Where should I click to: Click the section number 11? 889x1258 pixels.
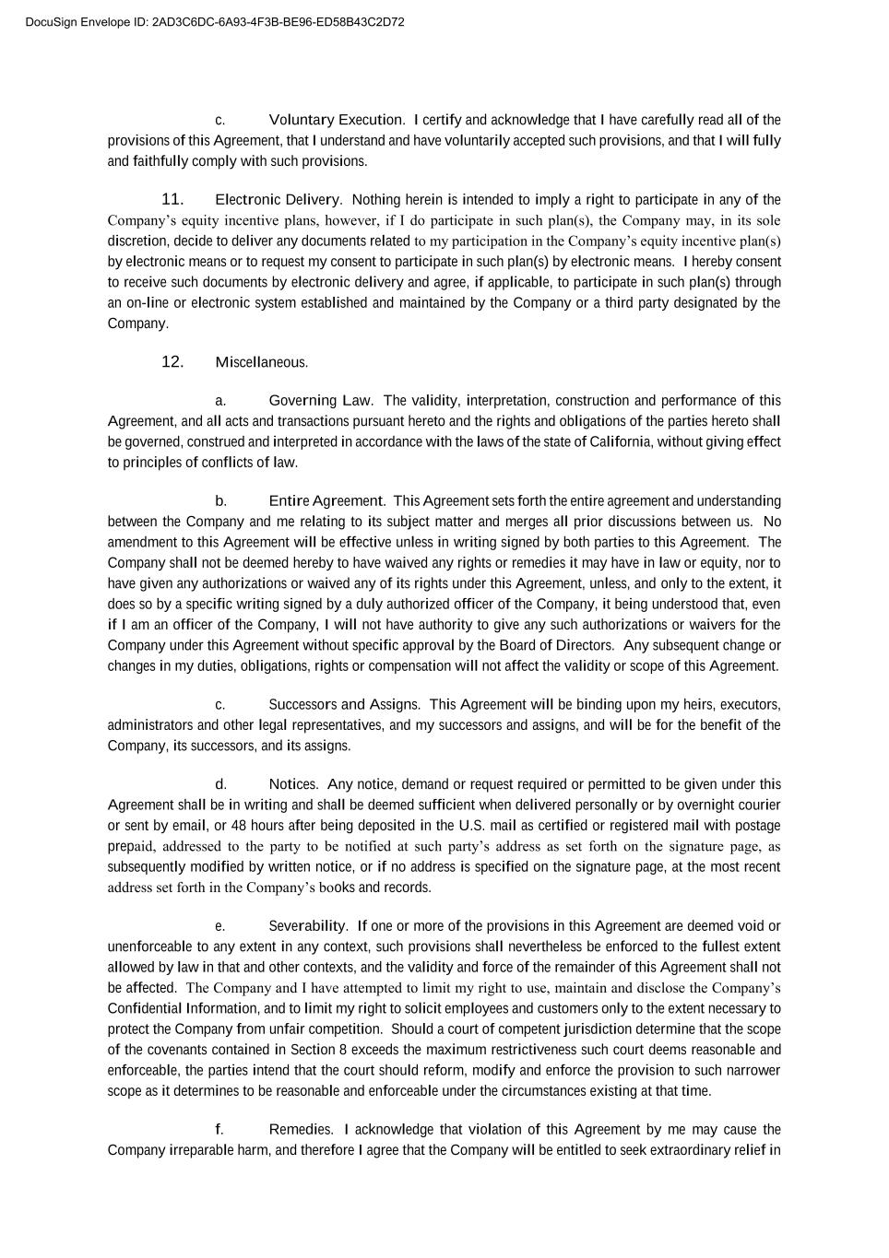pyautogui.click(x=172, y=199)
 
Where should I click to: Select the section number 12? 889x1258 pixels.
pyautogui.click(x=172, y=361)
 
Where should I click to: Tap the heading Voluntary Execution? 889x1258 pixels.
pyautogui.click(x=337, y=120)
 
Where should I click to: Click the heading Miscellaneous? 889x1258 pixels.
pyautogui.click(x=261, y=362)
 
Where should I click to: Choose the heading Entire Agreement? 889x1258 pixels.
pyautogui.click(x=326, y=501)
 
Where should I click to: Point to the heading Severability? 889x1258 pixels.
pyautogui.click(x=308, y=926)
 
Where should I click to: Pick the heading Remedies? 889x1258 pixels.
pyautogui.click(x=302, y=1130)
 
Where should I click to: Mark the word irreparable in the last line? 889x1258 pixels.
pyautogui.click(x=200, y=1150)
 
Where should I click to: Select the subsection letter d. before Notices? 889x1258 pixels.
pyautogui.click(x=220, y=784)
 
